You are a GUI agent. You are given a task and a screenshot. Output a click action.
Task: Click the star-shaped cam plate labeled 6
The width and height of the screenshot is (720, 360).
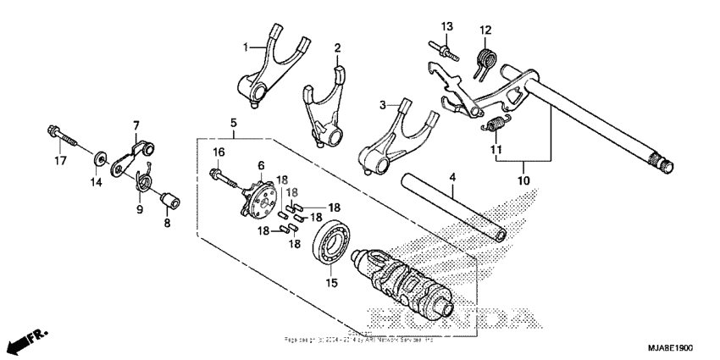[258, 192]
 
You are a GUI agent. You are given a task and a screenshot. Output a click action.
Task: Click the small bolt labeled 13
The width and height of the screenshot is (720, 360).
[444, 50]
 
